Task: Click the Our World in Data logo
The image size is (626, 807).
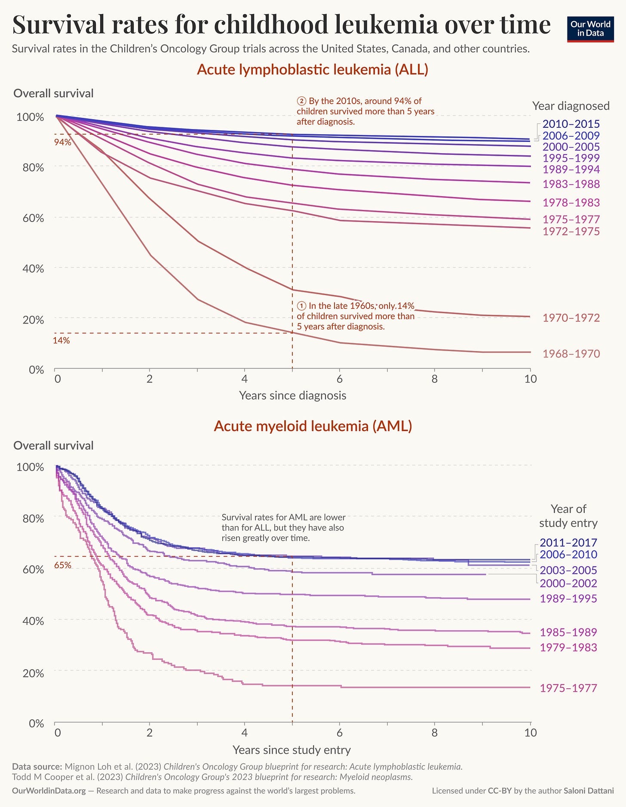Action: point(590,28)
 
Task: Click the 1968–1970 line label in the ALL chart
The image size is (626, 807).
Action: point(571,354)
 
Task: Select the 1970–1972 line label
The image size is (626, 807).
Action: point(571,318)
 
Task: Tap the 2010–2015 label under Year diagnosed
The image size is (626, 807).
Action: point(571,124)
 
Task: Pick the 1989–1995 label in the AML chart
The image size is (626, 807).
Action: point(568,598)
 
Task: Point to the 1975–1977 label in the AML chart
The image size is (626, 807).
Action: point(568,688)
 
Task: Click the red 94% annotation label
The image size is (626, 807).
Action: point(62,142)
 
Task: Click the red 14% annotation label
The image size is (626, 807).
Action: point(61,341)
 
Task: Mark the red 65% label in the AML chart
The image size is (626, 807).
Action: point(62,565)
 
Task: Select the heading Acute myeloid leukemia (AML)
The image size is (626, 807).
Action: point(313,426)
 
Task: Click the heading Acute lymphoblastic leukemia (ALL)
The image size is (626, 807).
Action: point(313,70)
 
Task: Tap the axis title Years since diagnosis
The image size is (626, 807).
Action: point(292,395)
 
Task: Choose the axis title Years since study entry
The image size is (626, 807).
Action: point(292,750)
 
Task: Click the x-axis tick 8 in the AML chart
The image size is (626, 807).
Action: point(435,733)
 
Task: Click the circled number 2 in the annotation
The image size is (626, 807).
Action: point(301,101)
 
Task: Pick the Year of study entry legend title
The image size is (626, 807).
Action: point(568,516)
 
